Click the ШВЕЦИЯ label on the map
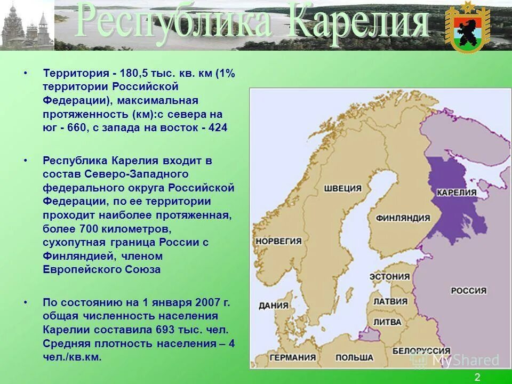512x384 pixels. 342,189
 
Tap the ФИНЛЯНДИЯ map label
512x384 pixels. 403,218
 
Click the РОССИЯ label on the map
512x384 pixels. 468,291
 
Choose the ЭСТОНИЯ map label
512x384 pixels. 390,277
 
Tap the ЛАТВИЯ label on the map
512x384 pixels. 390,301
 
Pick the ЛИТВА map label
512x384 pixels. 387,322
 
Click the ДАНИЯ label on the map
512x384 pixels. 274,306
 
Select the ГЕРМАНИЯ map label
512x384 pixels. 293,357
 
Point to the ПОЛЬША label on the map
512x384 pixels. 355,357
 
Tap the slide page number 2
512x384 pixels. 477,378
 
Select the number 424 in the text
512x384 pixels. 218,129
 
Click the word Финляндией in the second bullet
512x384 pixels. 70,256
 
